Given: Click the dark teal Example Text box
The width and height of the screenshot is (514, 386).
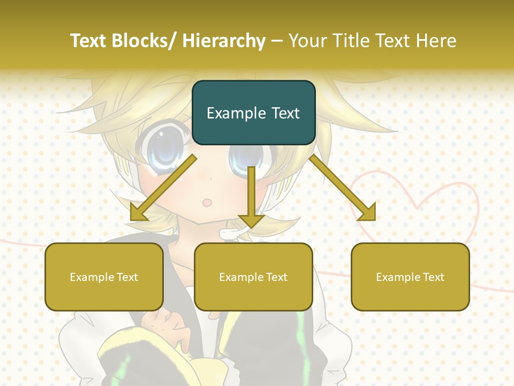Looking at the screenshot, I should coord(253,113).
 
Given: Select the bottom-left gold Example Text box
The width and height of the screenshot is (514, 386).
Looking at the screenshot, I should coord(104,277).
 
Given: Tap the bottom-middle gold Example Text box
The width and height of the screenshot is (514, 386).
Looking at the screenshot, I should coord(253,277).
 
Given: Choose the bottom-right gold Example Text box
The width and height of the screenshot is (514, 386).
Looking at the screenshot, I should coord(410,277).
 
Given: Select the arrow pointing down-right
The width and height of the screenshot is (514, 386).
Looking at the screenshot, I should coord(343,188).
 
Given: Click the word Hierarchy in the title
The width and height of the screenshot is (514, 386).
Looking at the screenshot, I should coord(224,41).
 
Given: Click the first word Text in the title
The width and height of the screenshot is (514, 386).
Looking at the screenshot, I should coord(88,41).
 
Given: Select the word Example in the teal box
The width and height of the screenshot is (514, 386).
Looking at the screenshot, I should coord(233,113).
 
